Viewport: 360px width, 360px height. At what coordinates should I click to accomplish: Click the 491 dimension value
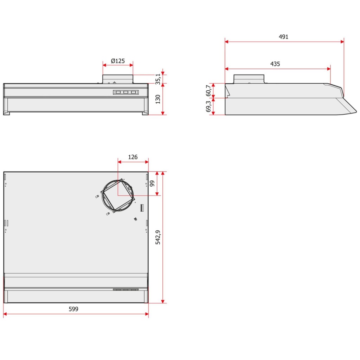(283, 37)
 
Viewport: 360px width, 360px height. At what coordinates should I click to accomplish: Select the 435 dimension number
(275, 64)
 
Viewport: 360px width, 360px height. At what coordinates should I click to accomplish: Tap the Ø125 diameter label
(118, 61)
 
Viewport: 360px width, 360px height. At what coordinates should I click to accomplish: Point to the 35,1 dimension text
(158, 79)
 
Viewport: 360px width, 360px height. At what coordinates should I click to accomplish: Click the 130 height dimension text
(158, 99)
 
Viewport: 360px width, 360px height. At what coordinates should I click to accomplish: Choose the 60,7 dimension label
(208, 90)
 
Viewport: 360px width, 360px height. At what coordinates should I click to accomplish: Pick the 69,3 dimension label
(208, 106)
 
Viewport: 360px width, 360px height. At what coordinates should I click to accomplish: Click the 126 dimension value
(133, 157)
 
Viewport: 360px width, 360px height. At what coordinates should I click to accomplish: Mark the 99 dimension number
(152, 184)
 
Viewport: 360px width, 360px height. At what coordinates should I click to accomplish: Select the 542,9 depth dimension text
(158, 237)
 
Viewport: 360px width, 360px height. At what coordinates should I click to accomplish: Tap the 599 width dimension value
(73, 309)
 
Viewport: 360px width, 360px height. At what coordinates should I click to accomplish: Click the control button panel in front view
(126, 92)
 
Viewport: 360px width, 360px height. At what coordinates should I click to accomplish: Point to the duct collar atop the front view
(118, 79)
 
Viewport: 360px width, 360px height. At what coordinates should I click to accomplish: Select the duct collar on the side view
(249, 79)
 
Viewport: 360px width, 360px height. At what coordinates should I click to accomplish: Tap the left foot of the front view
(6, 113)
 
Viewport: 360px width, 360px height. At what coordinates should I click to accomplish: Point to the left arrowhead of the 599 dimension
(5, 314)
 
